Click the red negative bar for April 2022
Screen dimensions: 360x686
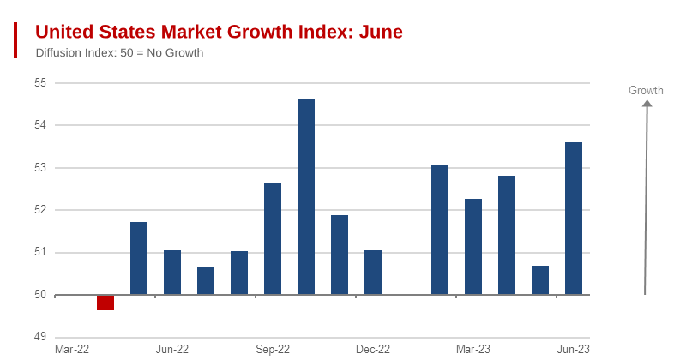(105, 303)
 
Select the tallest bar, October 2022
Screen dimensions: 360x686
(306, 197)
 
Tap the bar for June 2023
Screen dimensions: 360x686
(574, 219)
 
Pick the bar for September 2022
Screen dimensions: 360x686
(273, 238)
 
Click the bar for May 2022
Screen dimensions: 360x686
(139, 258)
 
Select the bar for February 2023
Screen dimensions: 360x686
(440, 230)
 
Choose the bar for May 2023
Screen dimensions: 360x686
(540, 280)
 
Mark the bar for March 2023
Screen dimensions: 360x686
(473, 247)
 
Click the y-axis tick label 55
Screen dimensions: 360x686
(39, 83)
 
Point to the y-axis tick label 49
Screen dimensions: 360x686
(39, 337)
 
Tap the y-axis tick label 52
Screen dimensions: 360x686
(39, 210)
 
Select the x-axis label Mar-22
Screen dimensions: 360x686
(72, 349)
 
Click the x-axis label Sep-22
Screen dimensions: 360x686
(273, 349)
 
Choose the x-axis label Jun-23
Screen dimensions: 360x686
(574, 349)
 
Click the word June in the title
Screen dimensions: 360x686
(381, 33)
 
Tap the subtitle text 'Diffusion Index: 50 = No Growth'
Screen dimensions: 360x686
(119, 53)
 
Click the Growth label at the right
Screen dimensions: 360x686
(646, 90)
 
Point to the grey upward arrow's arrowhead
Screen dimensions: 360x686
(647, 104)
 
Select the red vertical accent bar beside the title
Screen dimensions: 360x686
(15, 40)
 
